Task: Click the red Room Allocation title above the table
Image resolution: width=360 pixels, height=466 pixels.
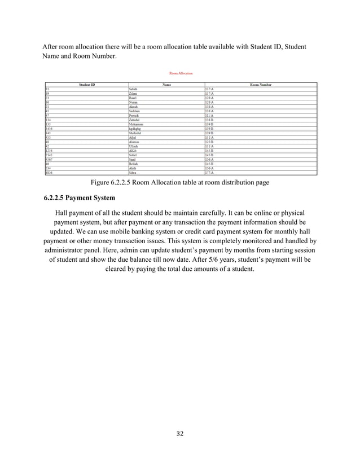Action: [x=181, y=73]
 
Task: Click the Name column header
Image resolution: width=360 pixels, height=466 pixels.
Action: [x=166, y=85]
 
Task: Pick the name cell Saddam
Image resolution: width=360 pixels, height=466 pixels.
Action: [x=134, y=112]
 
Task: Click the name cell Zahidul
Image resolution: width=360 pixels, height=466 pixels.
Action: [x=134, y=120]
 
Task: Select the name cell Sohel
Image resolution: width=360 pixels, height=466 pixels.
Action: [x=133, y=155]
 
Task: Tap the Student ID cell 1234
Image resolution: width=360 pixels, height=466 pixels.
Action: [x=50, y=151]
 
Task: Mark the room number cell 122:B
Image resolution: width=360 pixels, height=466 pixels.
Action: [x=209, y=142]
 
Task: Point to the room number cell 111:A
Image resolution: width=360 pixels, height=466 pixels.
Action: [x=209, y=116]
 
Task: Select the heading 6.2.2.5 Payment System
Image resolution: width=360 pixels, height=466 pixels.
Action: [x=79, y=198]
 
